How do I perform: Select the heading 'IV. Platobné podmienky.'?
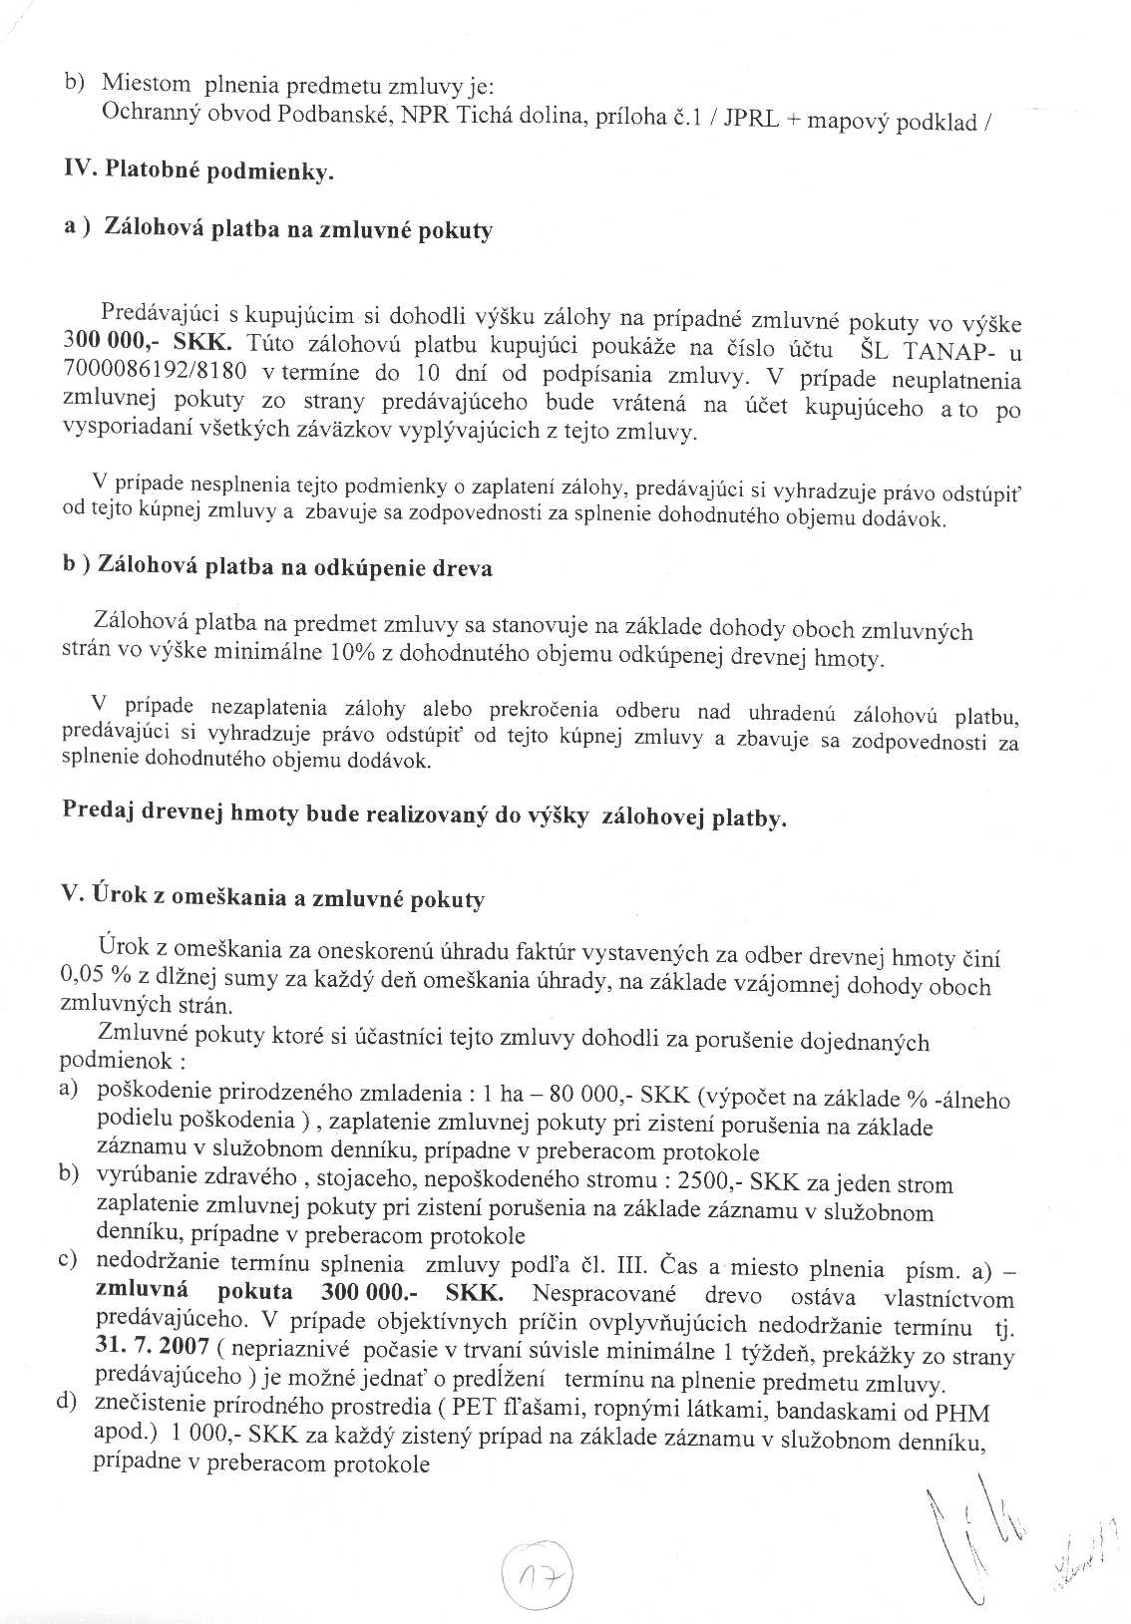(198, 171)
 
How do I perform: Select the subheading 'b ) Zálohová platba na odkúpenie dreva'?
(278, 567)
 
